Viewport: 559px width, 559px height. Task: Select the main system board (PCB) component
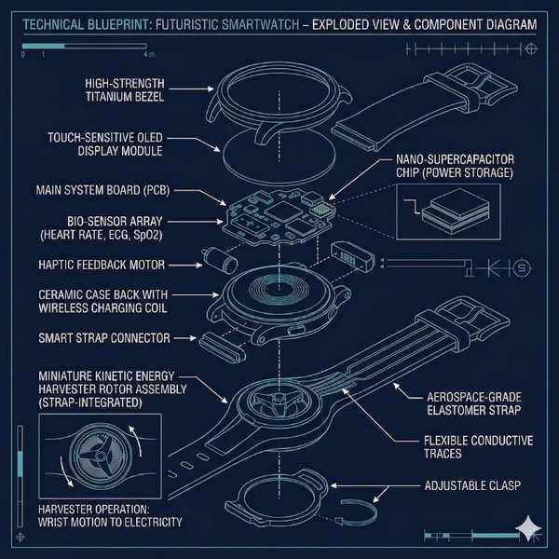point(270,212)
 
